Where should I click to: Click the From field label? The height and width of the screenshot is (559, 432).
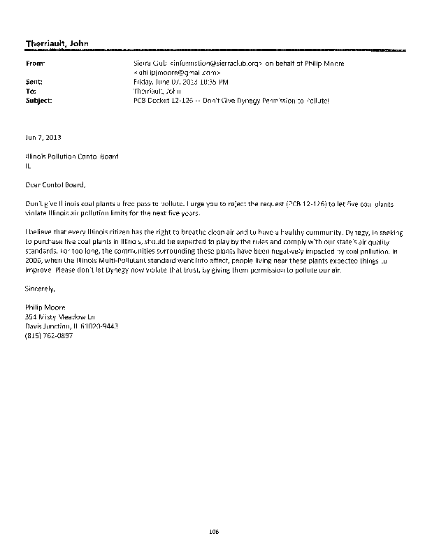pyautogui.click(x=32, y=63)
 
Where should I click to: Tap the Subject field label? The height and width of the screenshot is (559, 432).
pyautogui.click(x=37, y=100)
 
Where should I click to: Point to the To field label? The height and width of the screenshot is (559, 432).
pyautogui.click(x=29, y=91)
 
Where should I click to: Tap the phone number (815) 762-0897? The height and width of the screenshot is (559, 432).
pyautogui.click(x=48, y=335)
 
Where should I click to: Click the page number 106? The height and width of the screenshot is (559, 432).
pyautogui.click(x=215, y=531)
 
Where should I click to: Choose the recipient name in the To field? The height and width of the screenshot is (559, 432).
pyautogui.click(x=157, y=91)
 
